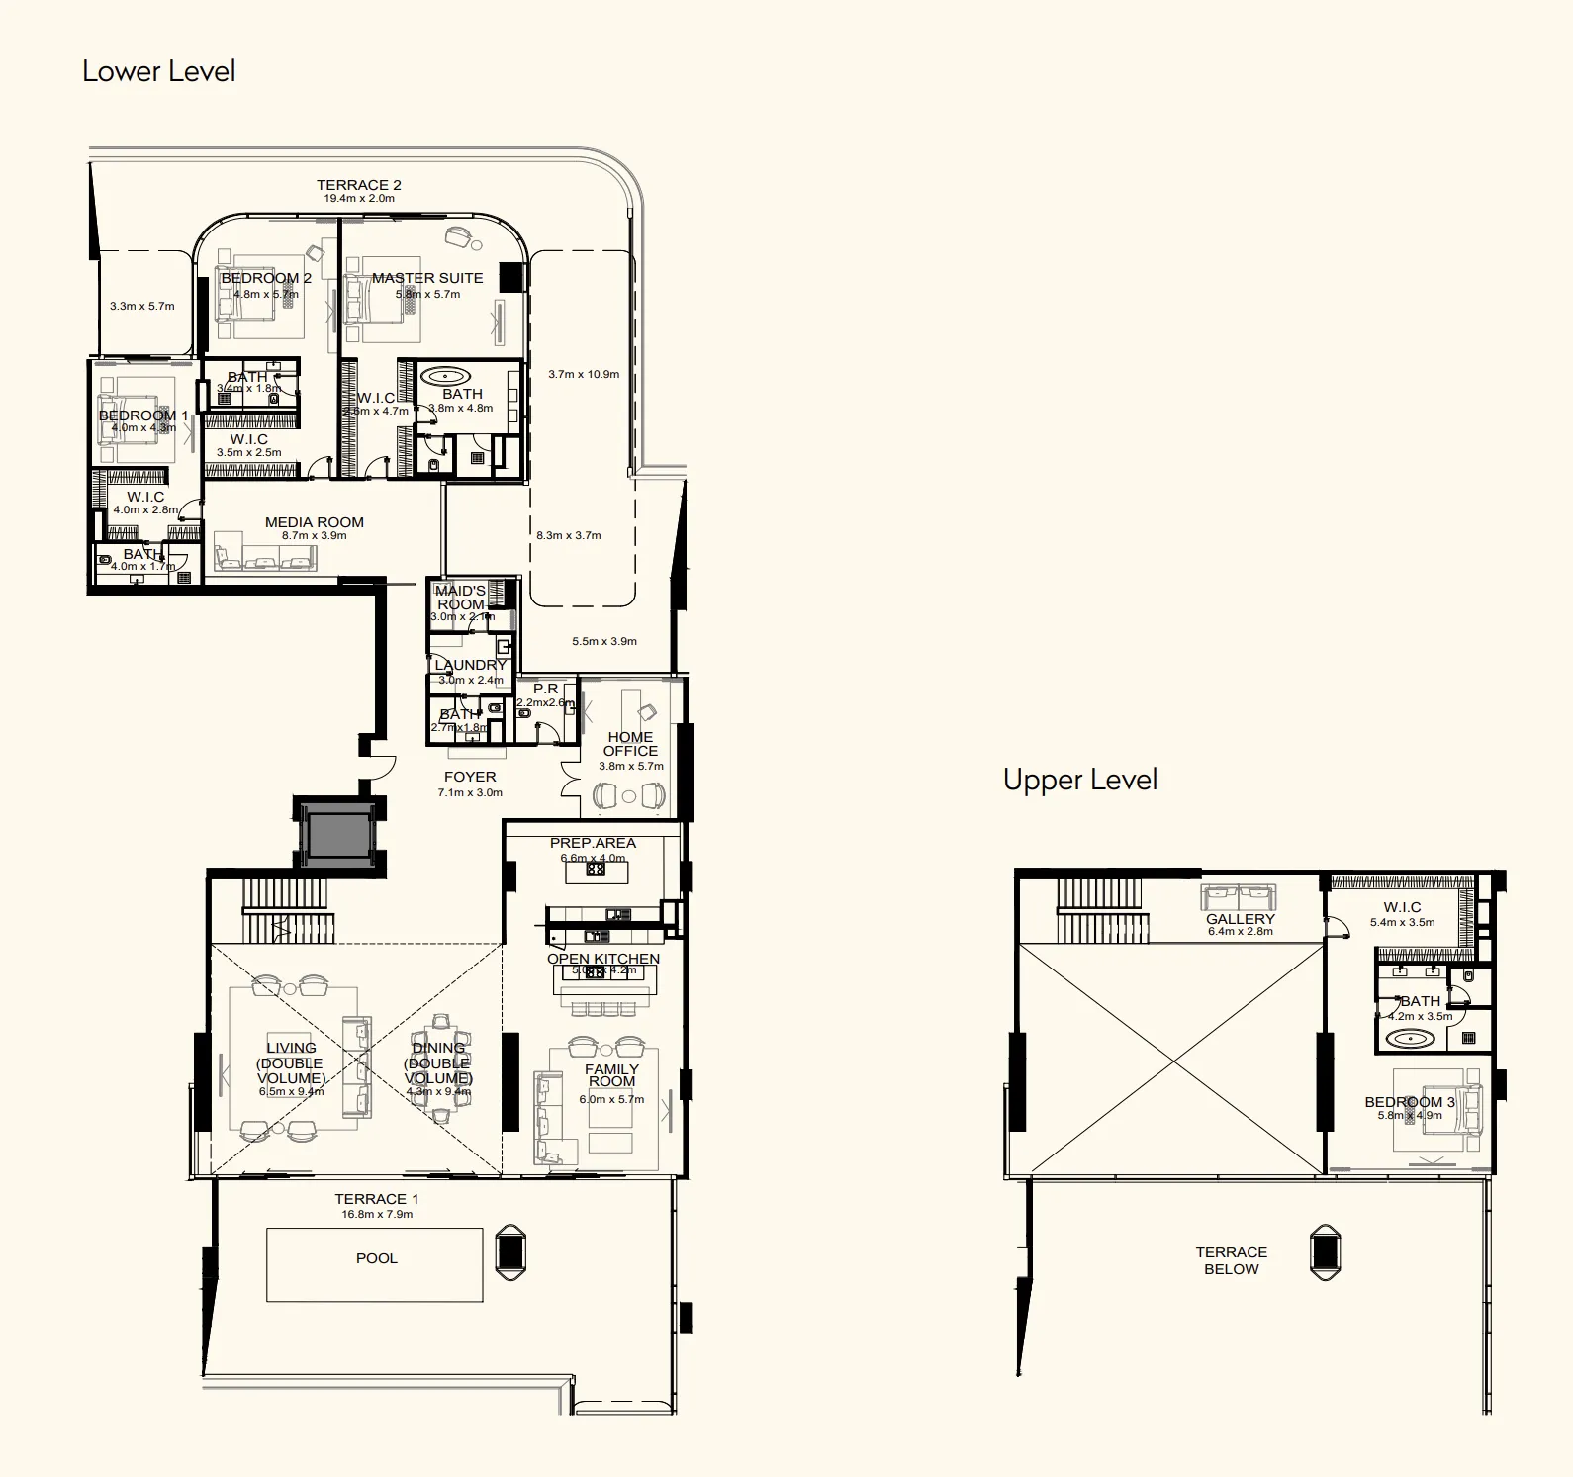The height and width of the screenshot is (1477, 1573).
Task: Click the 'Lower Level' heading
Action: [x=158, y=71]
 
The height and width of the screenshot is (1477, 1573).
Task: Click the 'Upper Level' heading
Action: [x=1079, y=780]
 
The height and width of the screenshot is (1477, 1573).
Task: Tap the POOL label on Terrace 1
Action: [x=376, y=1258]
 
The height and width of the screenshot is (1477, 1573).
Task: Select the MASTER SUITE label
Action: [x=427, y=278]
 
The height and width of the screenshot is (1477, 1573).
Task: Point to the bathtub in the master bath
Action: [x=448, y=376]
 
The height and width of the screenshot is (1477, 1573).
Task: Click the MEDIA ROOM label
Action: [x=314, y=522]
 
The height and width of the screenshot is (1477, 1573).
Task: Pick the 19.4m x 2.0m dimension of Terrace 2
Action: [x=358, y=199]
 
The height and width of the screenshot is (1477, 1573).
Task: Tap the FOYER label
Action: [x=470, y=777]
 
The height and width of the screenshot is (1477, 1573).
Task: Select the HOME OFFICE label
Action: [x=630, y=744]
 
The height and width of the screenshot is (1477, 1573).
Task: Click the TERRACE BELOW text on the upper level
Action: [x=1231, y=1260]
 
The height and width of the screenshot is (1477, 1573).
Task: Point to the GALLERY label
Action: [x=1240, y=919]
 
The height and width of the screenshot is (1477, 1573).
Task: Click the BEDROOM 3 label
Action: [x=1409, y=1102]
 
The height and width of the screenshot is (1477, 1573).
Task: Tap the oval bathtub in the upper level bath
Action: [x=1409, y=1039]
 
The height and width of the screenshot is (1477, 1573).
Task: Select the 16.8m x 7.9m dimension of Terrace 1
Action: [x=377, y=1214]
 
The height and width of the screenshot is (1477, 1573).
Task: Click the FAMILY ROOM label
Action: [x=611, y=1075]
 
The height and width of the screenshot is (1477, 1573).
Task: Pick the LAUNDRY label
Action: [x=470, y=665]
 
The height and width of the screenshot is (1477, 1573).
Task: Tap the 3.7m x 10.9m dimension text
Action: [x=584, y=374]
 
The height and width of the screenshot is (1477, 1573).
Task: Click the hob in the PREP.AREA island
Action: [x=596, y=869]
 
